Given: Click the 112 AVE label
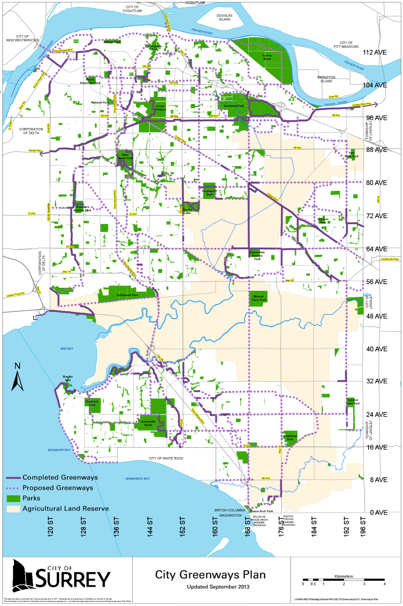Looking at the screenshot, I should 374,52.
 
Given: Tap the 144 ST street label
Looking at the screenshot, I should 150,526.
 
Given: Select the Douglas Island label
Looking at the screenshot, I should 224,17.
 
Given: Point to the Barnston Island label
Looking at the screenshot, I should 326,79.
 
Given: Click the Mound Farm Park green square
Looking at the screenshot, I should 259,298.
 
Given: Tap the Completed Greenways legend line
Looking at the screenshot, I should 13,478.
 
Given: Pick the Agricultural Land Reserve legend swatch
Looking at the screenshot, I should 13,509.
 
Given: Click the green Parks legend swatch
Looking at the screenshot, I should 13,498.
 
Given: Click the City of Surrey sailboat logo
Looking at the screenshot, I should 23,576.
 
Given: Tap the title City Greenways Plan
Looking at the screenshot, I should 210,575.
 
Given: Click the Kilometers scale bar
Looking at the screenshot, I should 343,580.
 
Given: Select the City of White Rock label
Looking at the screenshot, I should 166,458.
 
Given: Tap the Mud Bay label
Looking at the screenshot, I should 67,348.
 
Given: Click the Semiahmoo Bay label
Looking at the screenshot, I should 137,479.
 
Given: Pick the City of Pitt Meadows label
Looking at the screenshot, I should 346,45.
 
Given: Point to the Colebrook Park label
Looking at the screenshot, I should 127,295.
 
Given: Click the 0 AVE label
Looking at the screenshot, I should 378,513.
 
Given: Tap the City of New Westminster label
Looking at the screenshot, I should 22,38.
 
